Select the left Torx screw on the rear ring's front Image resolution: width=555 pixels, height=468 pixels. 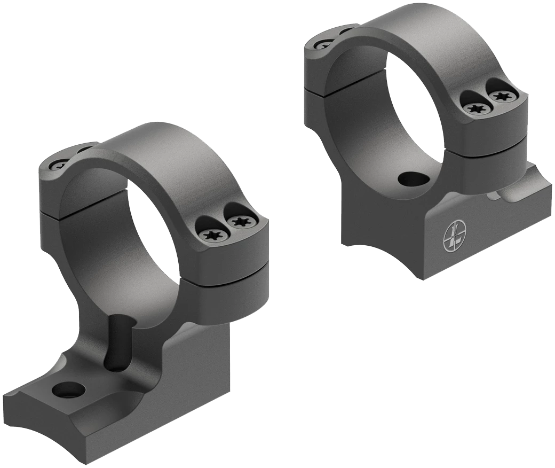tap(475, 109)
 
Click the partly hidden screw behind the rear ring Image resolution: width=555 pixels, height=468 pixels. tap(324, 44)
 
